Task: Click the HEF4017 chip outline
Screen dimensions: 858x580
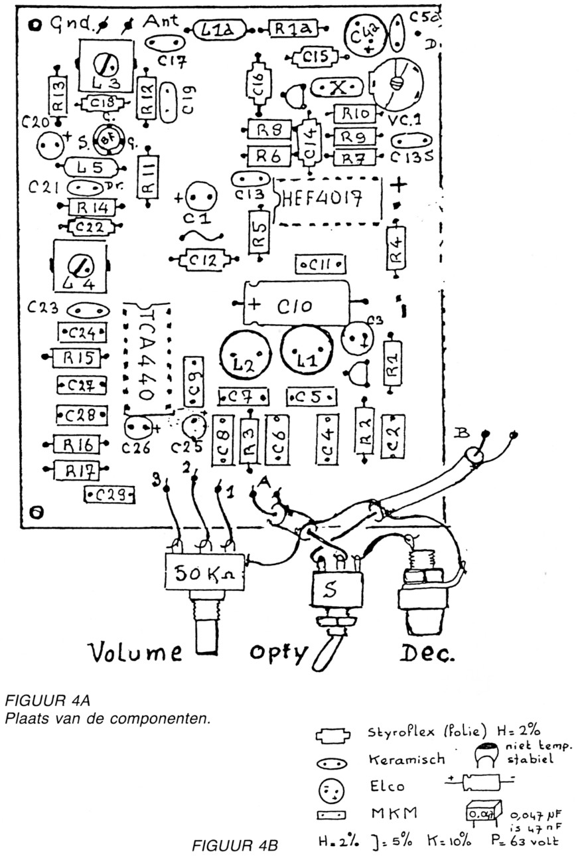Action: click(328, 201)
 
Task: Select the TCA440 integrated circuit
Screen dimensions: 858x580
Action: click(147, 357)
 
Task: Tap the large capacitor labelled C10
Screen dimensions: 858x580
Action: click(296, 304)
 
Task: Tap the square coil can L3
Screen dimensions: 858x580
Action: click(106, 66)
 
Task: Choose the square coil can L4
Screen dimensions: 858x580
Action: click(80, 269)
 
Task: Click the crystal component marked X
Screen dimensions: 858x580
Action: click(338, 88)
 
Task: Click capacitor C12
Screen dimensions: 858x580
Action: click(203, 260)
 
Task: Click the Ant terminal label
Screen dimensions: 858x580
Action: click(161, 22)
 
